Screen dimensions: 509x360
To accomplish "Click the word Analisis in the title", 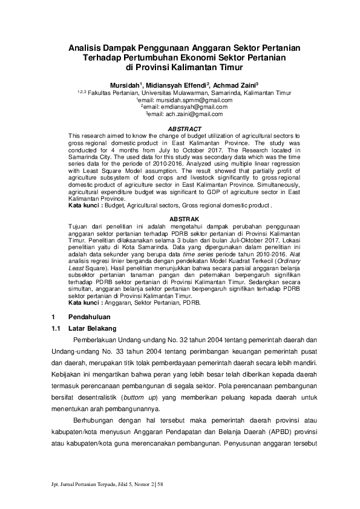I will [86, 47].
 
